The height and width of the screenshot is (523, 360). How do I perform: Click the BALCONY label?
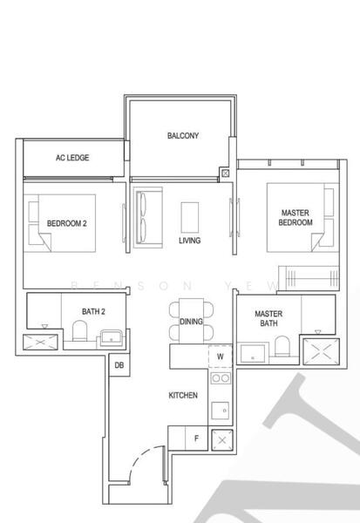tap(183, 136)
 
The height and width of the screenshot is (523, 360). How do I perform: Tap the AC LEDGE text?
tap(72, 158)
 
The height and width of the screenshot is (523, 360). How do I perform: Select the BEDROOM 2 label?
tap(66, 223)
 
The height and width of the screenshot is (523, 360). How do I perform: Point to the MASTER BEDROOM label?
tap(295, 218)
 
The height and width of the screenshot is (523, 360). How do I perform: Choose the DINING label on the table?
tap(191, 322)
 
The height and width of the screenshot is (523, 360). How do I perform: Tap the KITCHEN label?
tap(183, 395)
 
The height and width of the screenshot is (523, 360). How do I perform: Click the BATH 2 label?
tap(93, 310)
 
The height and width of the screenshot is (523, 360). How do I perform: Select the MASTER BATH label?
tap(267, 319)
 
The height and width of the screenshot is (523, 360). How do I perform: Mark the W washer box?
tap(220, 356)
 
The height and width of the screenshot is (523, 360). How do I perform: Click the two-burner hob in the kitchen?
tap(221, 379)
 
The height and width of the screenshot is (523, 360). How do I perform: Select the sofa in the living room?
tap(144, 215)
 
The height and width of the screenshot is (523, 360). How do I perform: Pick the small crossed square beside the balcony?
tap(226, 173)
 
